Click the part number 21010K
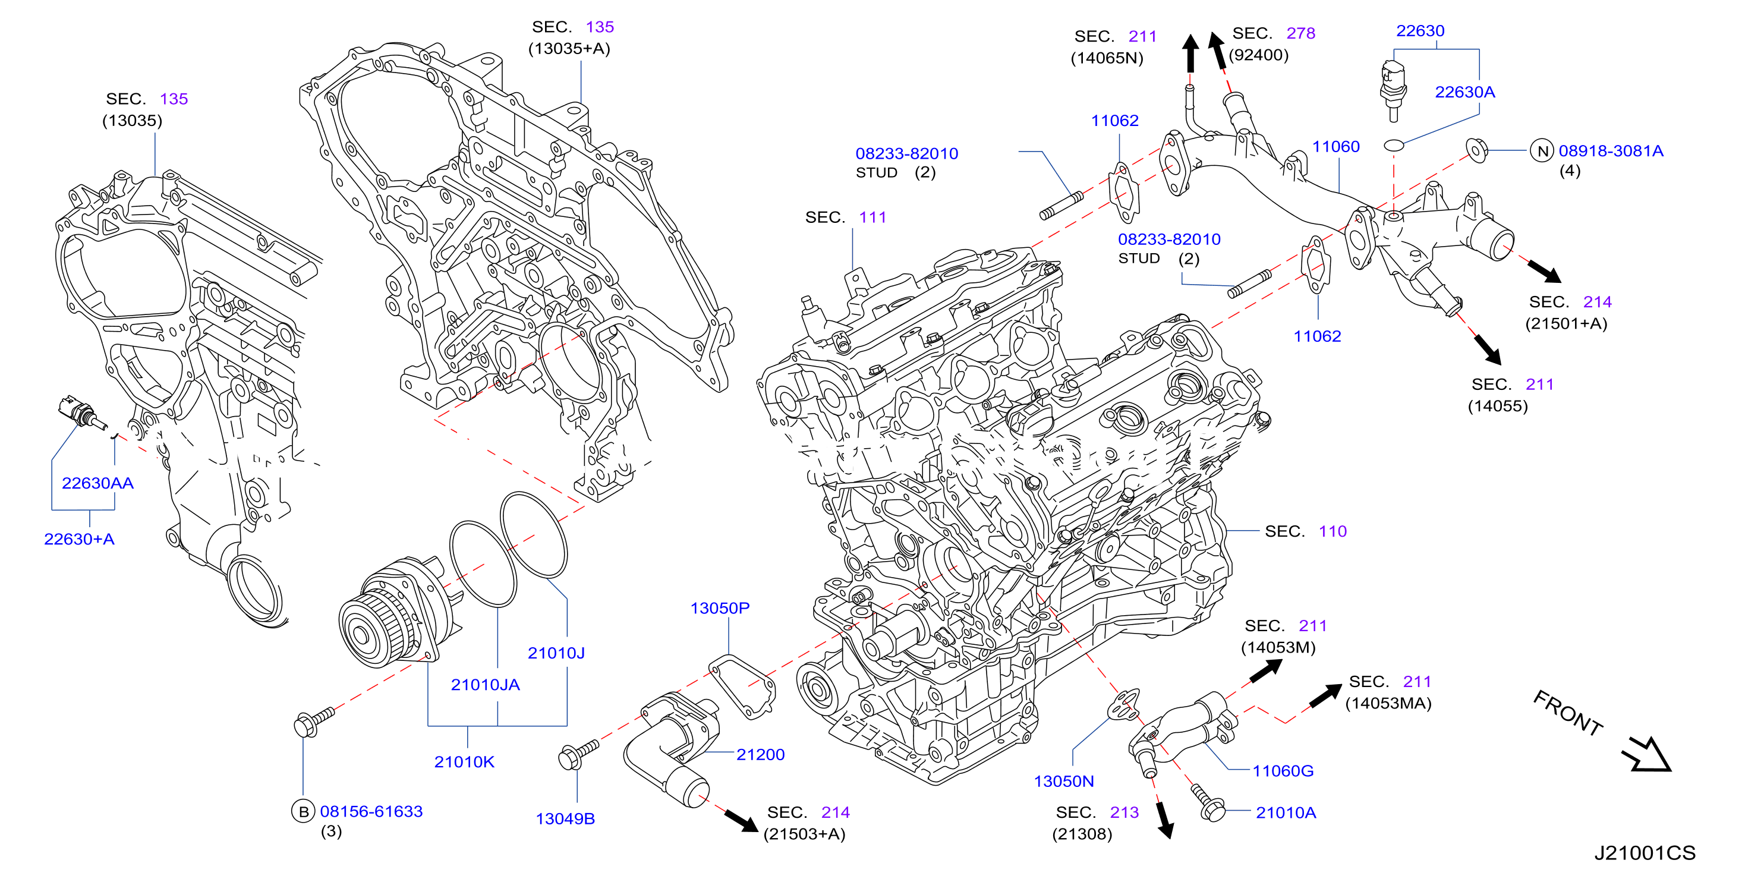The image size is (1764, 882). (x=464, y=761)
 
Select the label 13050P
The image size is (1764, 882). (x=720, y=608)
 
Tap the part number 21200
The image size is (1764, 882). (x=760, y=755)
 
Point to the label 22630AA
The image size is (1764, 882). (x=97, y=483)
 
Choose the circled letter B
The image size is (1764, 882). (x=303, y=811)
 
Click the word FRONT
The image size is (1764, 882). (x=1567, y=713)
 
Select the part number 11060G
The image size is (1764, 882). (x=1283, y=771)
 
